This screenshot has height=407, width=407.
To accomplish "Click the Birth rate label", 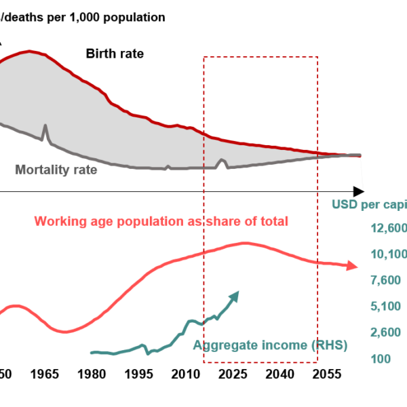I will (115, 54).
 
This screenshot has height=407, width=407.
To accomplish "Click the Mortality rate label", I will (56, 170).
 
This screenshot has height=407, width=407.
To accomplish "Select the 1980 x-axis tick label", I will (92, 374).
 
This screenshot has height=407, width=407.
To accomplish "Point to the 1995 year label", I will (138, 374).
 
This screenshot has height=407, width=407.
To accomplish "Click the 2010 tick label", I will (185, 374).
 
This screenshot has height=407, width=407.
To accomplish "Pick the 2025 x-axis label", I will (232, 374).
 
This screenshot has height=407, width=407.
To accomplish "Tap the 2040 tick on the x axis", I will (279, 374).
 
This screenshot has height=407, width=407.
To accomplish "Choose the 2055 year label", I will (326, 374).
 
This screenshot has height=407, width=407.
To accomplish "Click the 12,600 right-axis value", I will (387, 229).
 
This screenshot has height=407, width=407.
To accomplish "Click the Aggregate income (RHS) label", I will (270, 345).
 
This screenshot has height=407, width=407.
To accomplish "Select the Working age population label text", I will (161, 221).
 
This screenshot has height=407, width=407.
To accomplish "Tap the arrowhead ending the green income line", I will (235, 295).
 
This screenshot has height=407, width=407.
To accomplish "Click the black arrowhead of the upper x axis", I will (359, 191).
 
